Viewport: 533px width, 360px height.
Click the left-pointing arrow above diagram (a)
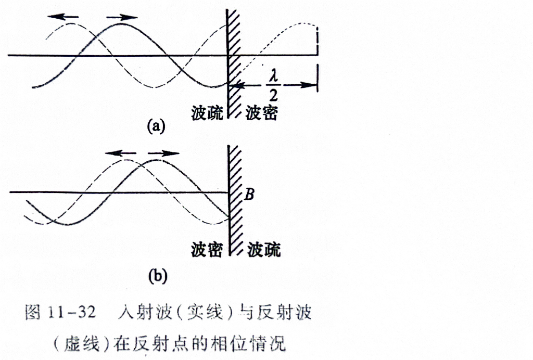63,16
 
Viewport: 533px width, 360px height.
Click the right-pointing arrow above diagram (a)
122,17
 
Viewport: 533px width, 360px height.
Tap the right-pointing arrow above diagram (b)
163,153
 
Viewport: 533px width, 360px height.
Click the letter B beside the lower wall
249,194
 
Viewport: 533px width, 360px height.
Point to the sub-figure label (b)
158,276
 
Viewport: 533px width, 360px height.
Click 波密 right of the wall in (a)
262,113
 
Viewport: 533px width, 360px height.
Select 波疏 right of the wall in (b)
264,250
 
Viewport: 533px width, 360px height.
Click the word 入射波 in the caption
145,312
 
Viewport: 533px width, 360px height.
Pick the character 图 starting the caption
33,312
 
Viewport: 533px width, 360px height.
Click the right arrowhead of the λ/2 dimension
310,85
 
